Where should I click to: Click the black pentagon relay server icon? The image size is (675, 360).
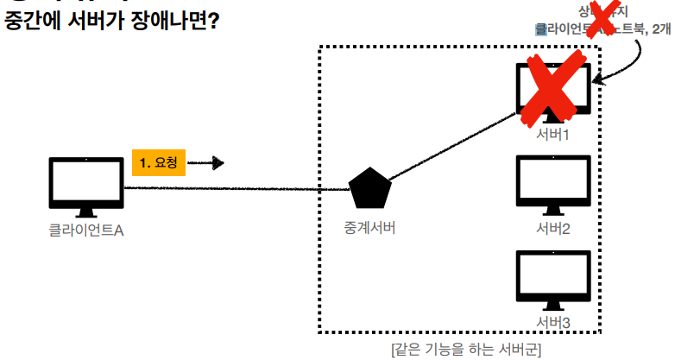[x=370, y=189]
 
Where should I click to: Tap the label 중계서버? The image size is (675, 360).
[x=370, y=229]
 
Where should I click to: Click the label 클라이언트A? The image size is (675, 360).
[x=86, y=231]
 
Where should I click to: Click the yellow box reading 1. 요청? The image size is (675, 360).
[x=158, y=161]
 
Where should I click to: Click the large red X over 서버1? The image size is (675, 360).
[x=552, y=91]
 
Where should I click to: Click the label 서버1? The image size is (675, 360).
[x=552, y=135]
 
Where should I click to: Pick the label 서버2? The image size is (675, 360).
[x=552, y=229]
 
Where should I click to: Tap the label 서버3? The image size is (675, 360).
[x=552, y=323]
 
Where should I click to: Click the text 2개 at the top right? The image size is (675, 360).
[x=662, y=28]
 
